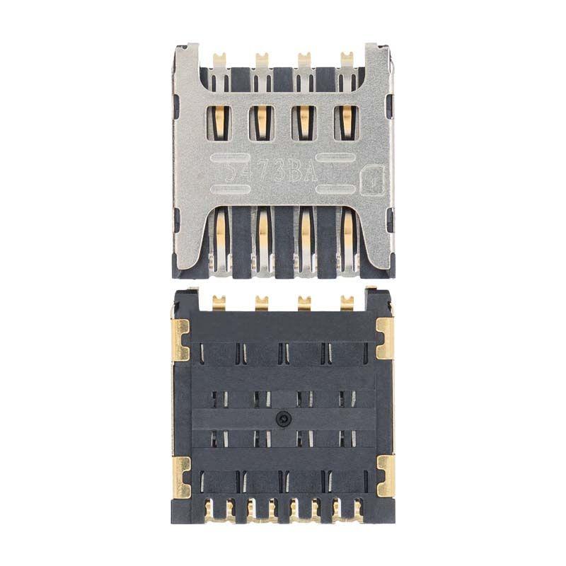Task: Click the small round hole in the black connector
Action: point(283,418)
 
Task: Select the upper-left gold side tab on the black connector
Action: point(182,338)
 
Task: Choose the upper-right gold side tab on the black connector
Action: point(384,338)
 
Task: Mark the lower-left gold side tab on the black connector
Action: point(182,476)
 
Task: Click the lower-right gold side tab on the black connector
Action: point(384,476)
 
